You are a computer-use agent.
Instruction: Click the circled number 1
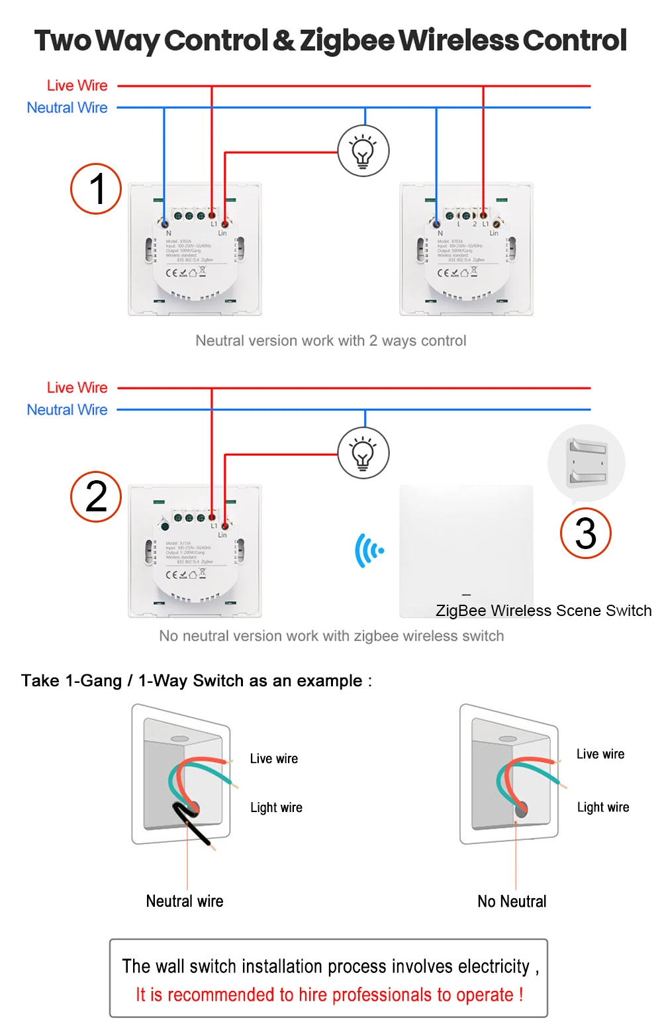(96, 189)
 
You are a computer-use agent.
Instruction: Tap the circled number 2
(96, 497)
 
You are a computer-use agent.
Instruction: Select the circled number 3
(585, 533)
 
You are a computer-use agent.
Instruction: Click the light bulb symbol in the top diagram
(363, 151)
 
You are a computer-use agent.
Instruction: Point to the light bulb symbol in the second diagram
(363, 453)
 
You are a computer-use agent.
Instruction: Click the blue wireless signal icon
(369, 550)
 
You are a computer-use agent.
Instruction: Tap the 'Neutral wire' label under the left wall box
(185, 901)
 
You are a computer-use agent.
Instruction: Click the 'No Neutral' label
(512, 901)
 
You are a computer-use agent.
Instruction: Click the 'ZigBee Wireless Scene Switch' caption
(544, 611)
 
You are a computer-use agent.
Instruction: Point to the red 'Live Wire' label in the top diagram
(77, 85)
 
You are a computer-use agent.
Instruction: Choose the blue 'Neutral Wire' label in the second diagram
(67, 410)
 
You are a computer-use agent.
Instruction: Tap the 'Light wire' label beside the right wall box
(603, 807)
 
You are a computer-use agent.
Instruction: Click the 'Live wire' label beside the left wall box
(274, 758)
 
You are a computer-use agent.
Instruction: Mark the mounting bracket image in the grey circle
(587, 462)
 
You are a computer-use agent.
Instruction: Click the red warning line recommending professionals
(329, 995)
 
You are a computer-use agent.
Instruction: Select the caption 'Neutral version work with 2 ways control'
(330, 340)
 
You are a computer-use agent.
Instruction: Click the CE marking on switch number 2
(171, 574)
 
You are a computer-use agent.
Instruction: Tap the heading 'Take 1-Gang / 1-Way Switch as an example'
(197, 681)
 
